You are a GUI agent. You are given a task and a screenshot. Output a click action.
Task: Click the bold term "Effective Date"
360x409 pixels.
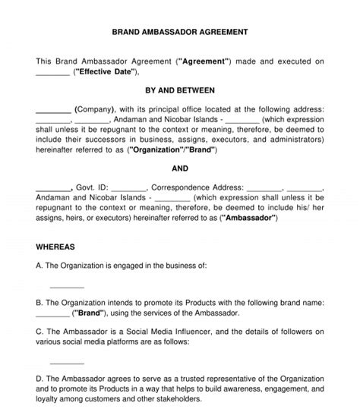tap(106, 72)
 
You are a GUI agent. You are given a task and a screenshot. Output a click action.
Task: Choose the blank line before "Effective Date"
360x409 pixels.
tap(52, 73)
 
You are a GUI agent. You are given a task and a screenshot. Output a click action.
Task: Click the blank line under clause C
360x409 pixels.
tap(67, 361)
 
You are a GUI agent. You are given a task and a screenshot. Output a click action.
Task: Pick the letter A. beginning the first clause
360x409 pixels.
tap(40, 266)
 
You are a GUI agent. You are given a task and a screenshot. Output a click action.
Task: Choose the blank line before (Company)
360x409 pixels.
tap(53, 109)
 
